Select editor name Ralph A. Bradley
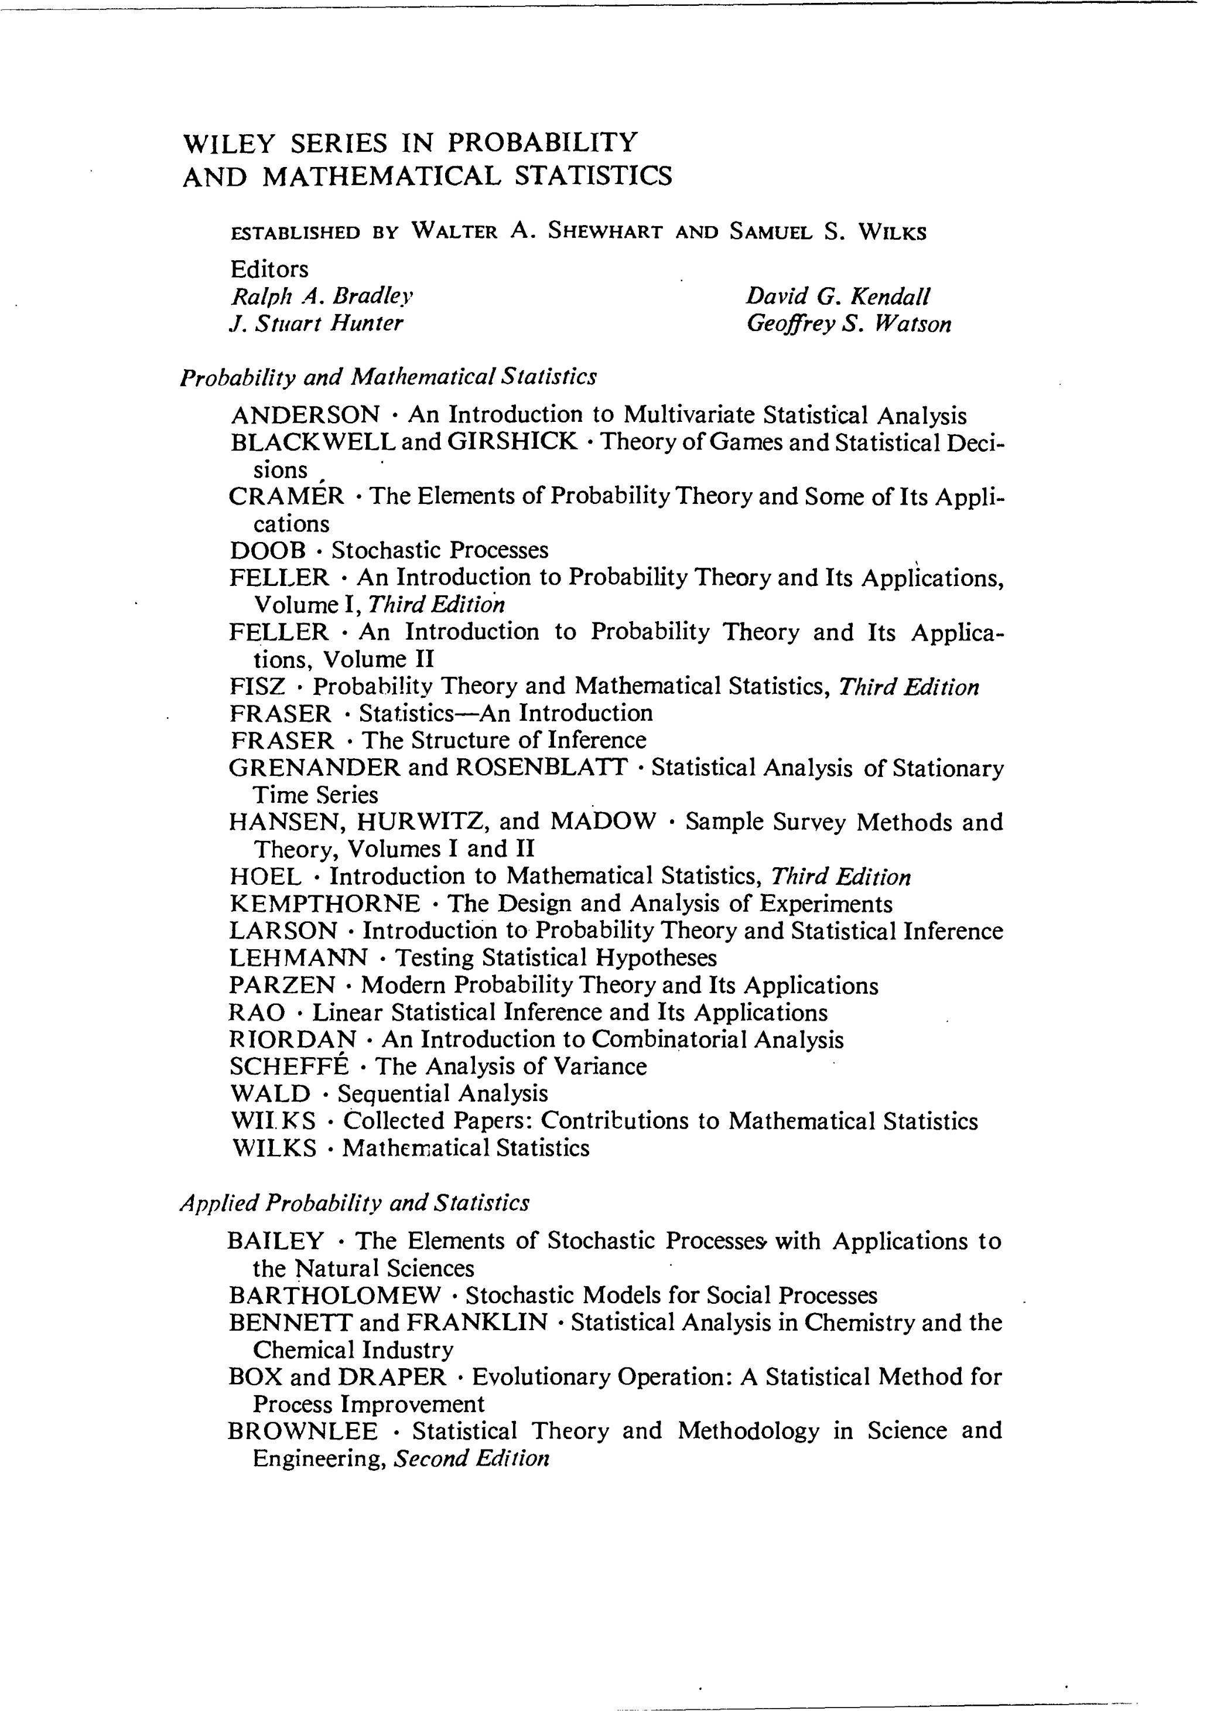pyautogui.click(x=322, y=296)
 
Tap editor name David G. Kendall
pyautogui.click(x=838, y=296)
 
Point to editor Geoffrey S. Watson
pyautogui.click(x=849, y=324)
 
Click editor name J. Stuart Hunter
pyautogui.click(x=317, y=324)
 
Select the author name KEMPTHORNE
pyautogui.click(x=325, y=904)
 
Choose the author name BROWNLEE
pyautogui.click(x=302, y=1431)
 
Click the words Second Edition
pyautogui.click(x=471, y=1458)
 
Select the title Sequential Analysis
pyautogui.click(x=443, y=1093)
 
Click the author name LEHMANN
pyautogui.click(x=298, y=957)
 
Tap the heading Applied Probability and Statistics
pyautogui.click(x=355, y=1204)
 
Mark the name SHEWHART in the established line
pyautogui.click(x=605, y=232)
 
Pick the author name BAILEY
pyautogui.click(x=276, y=1241)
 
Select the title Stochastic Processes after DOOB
pyautogui.click(x=440, y=551)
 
